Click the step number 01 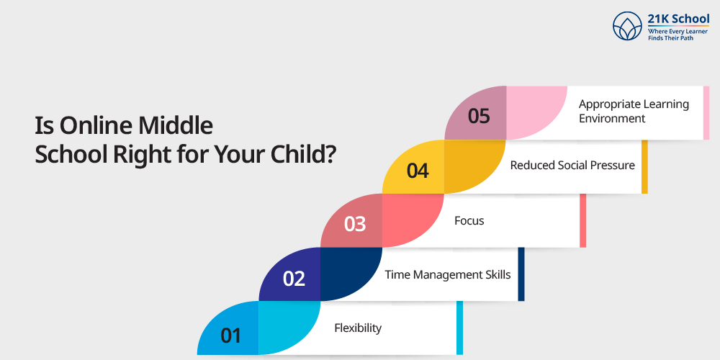click(231, 336)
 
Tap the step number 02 click(294, 279)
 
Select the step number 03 click(355, 225)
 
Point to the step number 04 click(418, 171)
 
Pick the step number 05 click(479, 117)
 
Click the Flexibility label click(358, 328)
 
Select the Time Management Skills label click(448, 274)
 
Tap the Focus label click(469, 221)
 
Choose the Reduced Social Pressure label click(572, 165)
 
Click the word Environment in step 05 click(611, 119)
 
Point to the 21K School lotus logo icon click(627, 26)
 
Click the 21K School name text click(678, 19)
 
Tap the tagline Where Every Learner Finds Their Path click(678, 35)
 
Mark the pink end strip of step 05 click(706, 113)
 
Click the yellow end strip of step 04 click(644, 167)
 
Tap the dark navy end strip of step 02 click(521, 274)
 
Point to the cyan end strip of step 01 click(459, 328)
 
